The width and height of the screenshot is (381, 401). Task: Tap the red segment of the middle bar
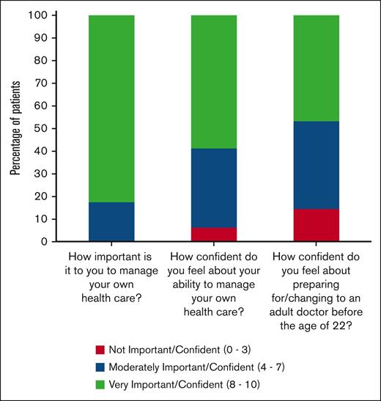tap(213, 234)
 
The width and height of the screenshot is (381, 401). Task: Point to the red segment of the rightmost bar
tap(315, 225)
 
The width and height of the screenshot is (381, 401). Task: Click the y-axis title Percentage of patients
tap(15, 128)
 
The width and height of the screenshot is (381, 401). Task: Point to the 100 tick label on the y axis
tap(44, 15)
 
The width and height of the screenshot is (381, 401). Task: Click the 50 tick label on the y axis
tap(47, 128)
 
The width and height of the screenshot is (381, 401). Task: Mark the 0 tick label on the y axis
tap(50, 241)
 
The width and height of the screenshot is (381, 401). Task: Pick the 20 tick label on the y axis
tap(47, 196)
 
